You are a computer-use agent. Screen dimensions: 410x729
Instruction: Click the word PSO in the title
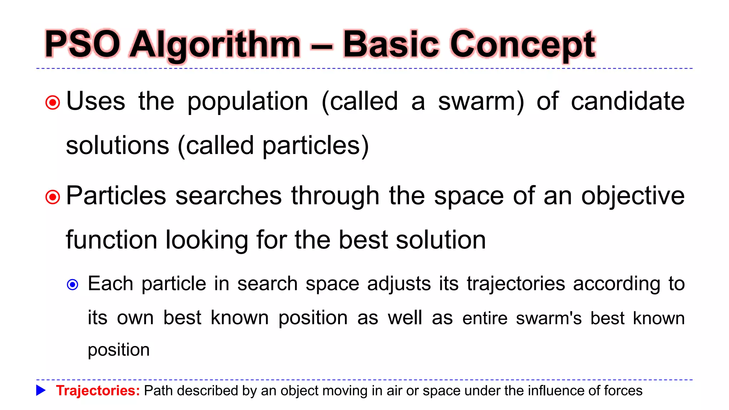coord(83,44)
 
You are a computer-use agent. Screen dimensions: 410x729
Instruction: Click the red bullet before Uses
coord(53,103)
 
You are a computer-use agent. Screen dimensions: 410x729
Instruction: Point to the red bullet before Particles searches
coord(53,197)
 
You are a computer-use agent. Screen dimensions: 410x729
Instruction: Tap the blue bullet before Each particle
coord(73,285)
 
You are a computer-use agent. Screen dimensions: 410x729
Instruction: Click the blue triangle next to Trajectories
coord(41,390)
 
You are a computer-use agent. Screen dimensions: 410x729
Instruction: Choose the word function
coord(111,240)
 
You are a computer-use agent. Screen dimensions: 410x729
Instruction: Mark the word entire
coord(485,318)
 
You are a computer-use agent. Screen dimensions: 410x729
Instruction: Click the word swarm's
coord(549,318)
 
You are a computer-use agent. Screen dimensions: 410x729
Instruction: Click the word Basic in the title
coord(390,44)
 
